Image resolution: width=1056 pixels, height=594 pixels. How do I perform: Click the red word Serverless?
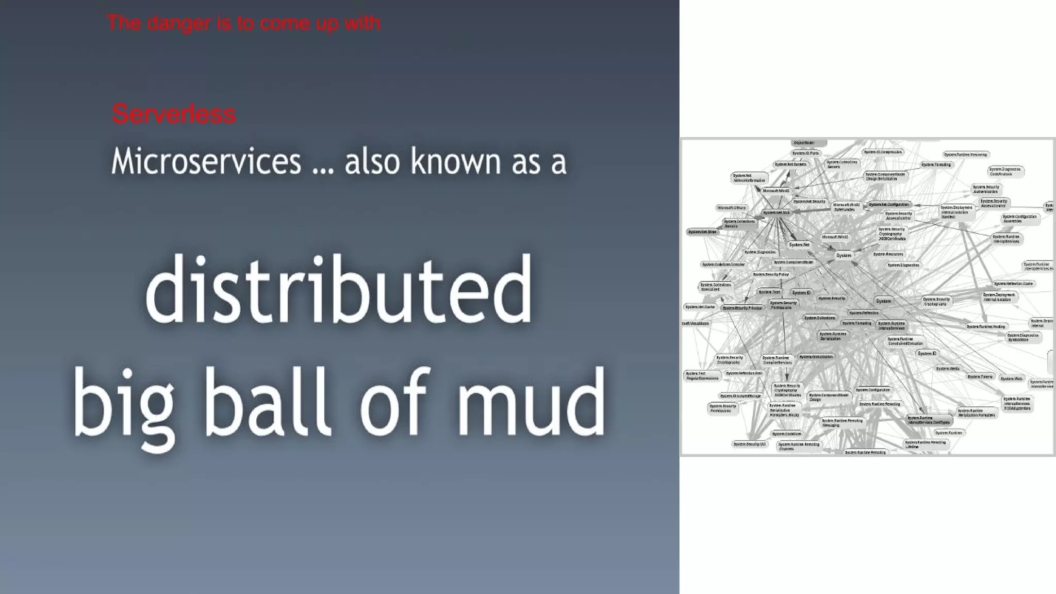coord(174,114)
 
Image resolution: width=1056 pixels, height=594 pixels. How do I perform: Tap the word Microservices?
coord(206,161)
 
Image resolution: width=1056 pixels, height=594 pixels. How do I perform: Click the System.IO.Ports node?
coord(805,153)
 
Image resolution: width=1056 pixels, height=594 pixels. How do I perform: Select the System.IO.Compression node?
coord(883,152)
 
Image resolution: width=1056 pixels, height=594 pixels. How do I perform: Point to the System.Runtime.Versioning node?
coord(965,155)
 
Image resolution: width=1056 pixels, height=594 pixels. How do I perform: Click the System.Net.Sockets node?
coord(790,164)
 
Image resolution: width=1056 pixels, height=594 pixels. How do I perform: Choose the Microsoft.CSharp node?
coord(732,208)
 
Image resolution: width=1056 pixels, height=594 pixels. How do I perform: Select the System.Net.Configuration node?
coord(889,205)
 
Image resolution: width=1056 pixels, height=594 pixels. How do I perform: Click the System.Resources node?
coord(888,254)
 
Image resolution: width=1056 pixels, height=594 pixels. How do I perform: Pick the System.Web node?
coord(1011,378)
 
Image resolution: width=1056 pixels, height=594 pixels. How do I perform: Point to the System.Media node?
coord(948,369)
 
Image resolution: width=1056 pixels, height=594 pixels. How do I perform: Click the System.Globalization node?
coord(816,357)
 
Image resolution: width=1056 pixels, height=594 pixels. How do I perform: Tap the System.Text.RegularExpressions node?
coord(702,376)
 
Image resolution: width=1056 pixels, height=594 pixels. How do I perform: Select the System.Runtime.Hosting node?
coord(985,326)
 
